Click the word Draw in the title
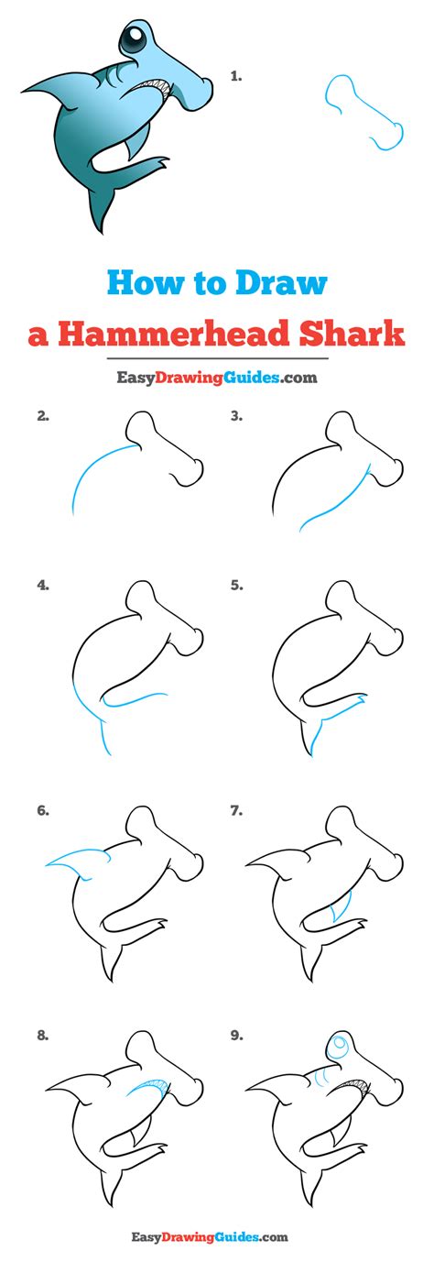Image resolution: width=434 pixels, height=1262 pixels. pos(281,283)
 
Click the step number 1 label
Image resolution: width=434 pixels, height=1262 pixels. pos(236,76)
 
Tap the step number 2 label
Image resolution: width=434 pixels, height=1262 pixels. pos(43,416)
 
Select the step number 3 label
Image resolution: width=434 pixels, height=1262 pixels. pos(236,416)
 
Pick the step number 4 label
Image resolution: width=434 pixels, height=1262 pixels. pos(43,586)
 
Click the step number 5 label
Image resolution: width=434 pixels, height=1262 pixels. pos(236,586)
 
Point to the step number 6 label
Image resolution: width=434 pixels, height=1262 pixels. pos(43,811)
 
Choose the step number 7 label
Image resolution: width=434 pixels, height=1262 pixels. pos(236,811)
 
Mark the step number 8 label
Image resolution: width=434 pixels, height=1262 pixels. pos(43,1035)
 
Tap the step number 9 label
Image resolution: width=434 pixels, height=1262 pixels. pos(236,1035)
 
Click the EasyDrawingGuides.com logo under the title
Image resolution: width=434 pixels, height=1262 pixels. pos(217,377)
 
